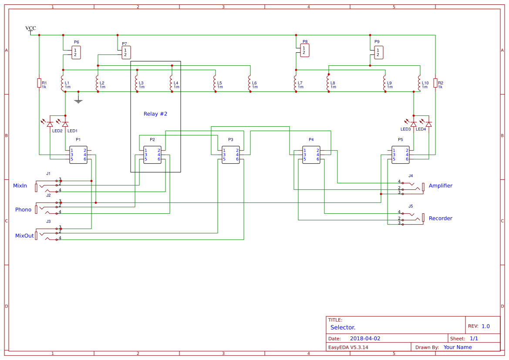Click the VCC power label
click(x=30, y=28)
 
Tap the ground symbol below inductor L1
click(x=78, y=100)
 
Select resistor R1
click(x=39, y=83)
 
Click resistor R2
click(x=435, y=83)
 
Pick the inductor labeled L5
click(x=215, y=83)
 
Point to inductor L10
click(x=420, y=83)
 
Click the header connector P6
click(x=76, y=53)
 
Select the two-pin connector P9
click(x=378, y=53)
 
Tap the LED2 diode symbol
click(x=50, y=124)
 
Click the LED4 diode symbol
click(x=429, y=124)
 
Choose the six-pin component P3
click(x=231, y=155)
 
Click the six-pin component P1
click(x=78, y=155)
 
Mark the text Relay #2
click(x=155, y=114)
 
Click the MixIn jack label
click(x=20, y=186)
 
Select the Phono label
click(x=24, y=210)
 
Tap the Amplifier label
click(x=441, y=186)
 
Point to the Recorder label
click(x=441, y=219)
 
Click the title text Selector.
click(x=343, y=327)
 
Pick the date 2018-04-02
click(x=365, y=338)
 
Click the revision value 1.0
click(x=485, y=326)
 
